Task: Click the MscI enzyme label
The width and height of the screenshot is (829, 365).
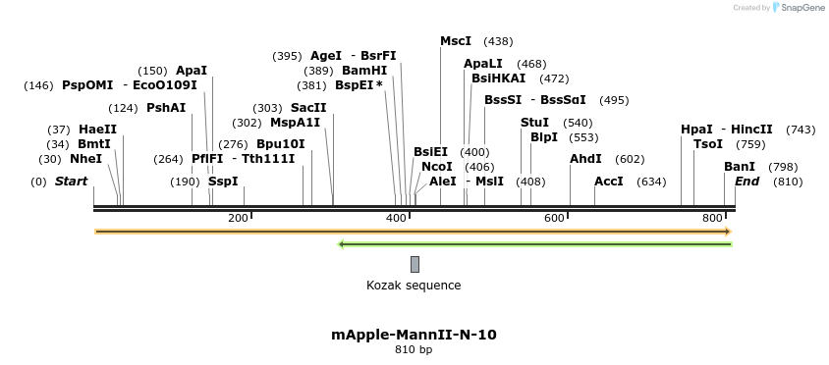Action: (456, 41)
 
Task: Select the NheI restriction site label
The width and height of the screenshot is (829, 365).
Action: (85, 159)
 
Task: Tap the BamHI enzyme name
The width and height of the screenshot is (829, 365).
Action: (364, 71)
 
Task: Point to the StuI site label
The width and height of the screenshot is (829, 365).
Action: (534, 123)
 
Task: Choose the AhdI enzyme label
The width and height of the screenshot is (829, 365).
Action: (585, 159)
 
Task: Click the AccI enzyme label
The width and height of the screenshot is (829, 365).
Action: (609, 182)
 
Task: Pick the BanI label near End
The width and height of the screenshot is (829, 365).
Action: (740, 167)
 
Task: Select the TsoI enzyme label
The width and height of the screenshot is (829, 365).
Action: (708, 144)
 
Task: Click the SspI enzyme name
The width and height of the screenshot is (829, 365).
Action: (223, 182)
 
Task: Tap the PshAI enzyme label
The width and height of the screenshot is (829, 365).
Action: (165, 108)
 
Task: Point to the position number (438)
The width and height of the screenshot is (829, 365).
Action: (499, 41)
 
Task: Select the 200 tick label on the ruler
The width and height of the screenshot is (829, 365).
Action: (238, 218)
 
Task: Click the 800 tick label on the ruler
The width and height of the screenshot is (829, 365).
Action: (714, 218)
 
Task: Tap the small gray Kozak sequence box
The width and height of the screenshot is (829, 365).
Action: (414, 264)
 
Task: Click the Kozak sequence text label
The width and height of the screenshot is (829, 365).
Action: (414, 286)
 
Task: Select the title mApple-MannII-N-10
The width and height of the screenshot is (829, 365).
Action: (414, 335)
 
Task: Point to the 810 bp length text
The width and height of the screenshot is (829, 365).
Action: (414, 349)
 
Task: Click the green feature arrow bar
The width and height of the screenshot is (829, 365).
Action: (534, 243)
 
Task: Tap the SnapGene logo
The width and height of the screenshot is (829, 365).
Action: (798, 8)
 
